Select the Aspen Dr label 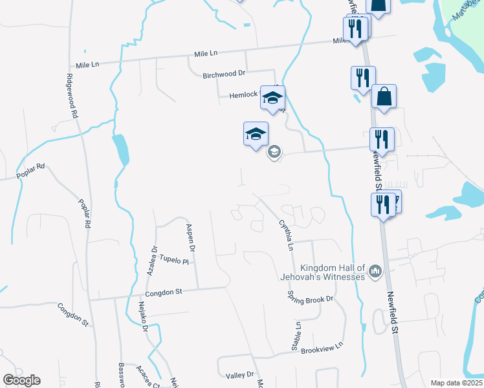pyautogui.click(x=190, y=237)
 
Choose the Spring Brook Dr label pyautogui.click(x=310, y=298)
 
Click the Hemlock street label pyautogui.click(x=243, y=95)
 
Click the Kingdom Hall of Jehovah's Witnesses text pyautogui.click(x=333, y=272)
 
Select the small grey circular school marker pyautogui.click(x=274, y=152)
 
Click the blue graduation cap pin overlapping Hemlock pyautogui.click(x=273, y=98)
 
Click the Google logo pyautogui.click(x=21, y=380)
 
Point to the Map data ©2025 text pyautogui.click(x=456, y=383)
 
